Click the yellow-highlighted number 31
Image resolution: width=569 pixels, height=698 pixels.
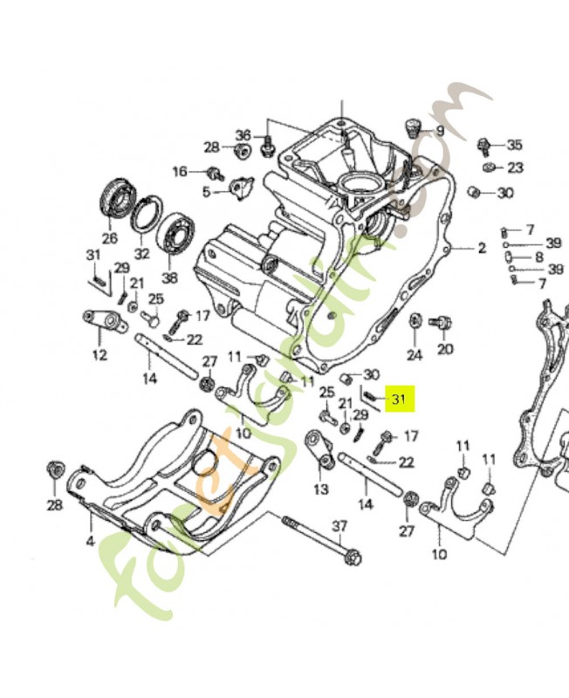point(401,400)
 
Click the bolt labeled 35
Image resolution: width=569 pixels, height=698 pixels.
point(483,145)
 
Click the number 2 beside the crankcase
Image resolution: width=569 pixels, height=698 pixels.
point(481,248)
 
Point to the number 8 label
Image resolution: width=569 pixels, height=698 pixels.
point(538,257)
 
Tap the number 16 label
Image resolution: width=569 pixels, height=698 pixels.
point(180,172)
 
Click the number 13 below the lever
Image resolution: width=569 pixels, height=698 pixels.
point(321,489)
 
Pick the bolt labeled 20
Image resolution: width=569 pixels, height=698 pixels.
point(442,325)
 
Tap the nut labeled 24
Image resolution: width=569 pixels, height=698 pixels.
point(416,322)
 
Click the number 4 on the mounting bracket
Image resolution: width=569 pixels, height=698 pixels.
point(89,542)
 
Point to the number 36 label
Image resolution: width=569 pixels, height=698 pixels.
point(243,135)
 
